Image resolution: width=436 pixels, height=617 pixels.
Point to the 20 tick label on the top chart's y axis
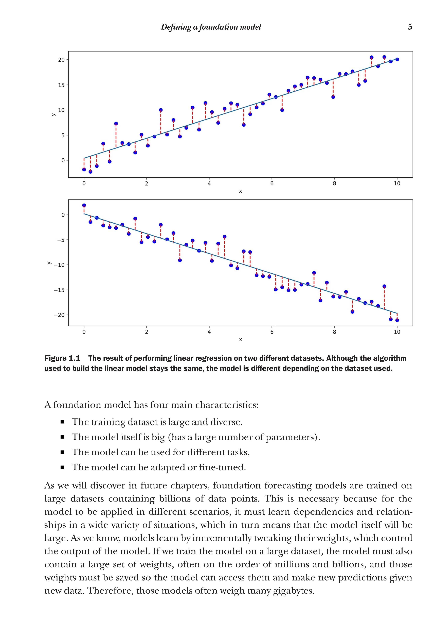(61, 60)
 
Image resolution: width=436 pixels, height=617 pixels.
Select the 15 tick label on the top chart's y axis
(61, 85)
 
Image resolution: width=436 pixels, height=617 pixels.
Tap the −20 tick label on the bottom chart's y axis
(59, 315)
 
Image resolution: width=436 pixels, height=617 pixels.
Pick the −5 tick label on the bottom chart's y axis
(61, 240)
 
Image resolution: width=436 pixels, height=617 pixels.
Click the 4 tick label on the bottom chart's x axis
(209, 332)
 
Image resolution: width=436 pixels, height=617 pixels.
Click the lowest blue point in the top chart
(90, 172)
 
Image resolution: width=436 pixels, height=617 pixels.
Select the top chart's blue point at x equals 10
(397, 59)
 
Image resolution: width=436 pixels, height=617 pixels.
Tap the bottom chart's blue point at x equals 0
(84, 205)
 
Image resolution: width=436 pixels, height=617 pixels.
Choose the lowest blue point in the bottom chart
(397, 320)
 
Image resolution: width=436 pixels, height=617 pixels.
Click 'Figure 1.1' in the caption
(62, 358)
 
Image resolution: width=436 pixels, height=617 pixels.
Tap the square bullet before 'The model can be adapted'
(62, 467)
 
